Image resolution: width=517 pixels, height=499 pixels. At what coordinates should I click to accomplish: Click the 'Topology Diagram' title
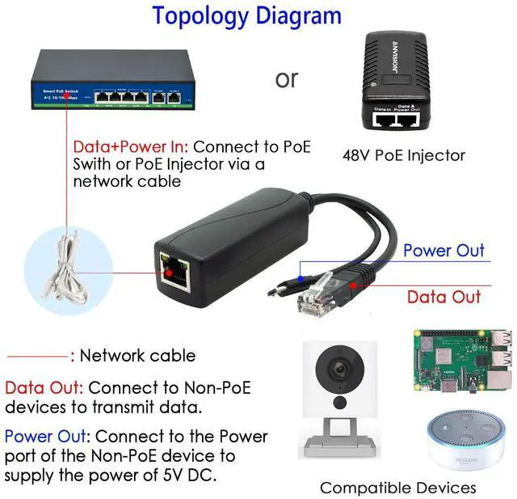click(x=246, y=15)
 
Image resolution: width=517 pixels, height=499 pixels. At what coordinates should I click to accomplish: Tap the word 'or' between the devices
click(x=287, y=79)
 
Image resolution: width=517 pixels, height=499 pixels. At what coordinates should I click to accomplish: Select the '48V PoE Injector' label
click(x=404, y=154)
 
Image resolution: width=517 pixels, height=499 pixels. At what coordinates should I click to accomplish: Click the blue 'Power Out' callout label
click(x=443, y=251)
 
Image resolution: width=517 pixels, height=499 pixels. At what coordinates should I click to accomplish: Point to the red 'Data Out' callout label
click(x=443, y=297)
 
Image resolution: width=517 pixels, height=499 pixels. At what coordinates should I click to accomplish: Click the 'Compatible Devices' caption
click(x=397, y=487)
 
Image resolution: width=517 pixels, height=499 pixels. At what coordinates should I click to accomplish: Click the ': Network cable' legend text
click(x=132, y=356)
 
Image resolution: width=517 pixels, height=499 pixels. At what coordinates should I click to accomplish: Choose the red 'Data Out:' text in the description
click(x=44, y=387)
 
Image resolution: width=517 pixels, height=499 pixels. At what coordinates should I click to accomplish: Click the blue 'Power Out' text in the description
click(x=47, y=437)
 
